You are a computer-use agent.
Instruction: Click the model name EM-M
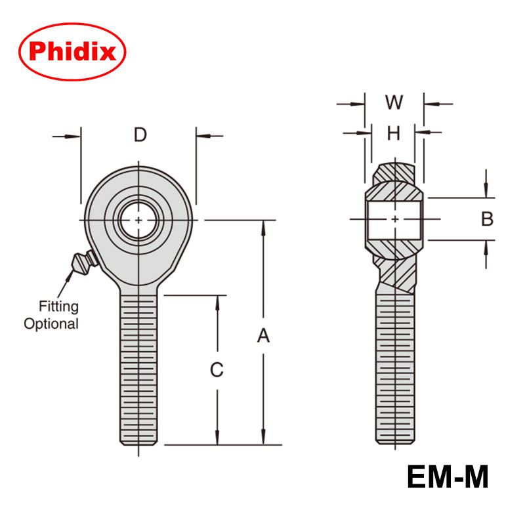coord(448,476)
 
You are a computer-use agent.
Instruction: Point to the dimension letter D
coord(140,135)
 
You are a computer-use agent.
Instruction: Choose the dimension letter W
coord(394,102)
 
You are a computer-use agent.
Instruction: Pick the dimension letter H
coord(393,133)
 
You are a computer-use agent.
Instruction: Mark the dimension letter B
coord(487,219)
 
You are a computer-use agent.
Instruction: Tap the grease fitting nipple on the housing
coord(84,262)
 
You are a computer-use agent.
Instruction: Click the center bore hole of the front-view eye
coord(139,220)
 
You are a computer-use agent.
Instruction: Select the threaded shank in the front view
coord(139,367)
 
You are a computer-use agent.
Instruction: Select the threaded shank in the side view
coord(396,367)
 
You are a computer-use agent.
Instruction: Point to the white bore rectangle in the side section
coord(394,219)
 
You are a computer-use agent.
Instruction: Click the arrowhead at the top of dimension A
coord(263,227)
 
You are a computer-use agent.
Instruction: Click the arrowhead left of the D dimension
coord(75,136)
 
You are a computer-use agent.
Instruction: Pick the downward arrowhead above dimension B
coord(486,192)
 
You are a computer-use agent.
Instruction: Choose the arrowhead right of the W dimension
coord(429,103)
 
